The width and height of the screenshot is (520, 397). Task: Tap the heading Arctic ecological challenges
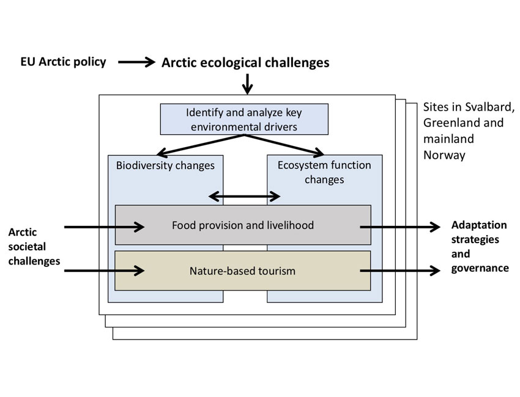tap(245, 62)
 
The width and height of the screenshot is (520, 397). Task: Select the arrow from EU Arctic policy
tap(136, 62)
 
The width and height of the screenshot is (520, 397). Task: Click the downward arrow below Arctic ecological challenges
tap(247, 84)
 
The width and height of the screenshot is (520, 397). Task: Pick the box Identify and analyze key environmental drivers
tap(244, 119)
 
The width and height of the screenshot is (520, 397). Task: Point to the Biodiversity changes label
tap(165, 165)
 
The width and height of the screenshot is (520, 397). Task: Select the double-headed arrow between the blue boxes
tap(244, 196)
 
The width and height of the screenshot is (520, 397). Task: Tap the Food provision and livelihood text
tap(243, 225)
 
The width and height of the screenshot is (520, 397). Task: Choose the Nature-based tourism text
tap(243, 270)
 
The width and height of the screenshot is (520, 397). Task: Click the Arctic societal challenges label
tap(34, 247)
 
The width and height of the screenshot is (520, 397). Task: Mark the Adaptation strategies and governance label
tap(479, 246)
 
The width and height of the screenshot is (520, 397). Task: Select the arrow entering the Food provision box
tap(104, 227)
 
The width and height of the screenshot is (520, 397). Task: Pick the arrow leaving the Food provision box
tap(400, 227)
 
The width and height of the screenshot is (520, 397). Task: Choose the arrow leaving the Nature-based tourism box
tap(400, 269)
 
